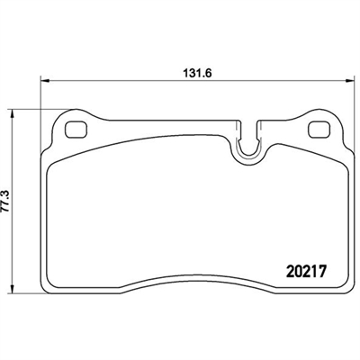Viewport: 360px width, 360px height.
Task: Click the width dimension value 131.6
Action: click(197, 73)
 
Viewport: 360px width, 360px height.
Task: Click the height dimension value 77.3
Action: click(6, 201)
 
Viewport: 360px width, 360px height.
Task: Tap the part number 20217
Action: click(306, 272)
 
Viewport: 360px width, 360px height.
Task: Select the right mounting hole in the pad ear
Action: click(320, 130)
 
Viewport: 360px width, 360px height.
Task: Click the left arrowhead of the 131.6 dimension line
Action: click(44, 80)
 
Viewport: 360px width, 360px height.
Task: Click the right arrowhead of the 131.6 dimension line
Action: click(350, 80)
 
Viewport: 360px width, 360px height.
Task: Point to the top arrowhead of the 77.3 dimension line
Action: click(12, 113)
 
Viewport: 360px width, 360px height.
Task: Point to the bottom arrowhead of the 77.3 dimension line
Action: click(12, 289)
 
